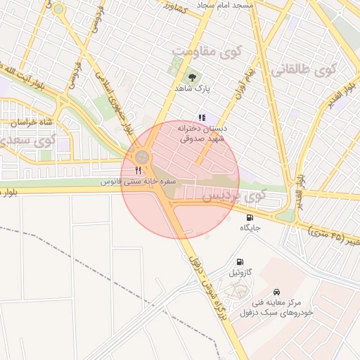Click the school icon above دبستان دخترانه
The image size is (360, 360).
202,117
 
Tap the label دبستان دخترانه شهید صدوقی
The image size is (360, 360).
201,134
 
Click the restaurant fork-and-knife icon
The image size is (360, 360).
139,170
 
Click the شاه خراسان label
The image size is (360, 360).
32,122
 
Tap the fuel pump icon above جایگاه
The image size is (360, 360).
251,217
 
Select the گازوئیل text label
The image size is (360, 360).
239,271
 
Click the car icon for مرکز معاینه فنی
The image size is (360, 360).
278,291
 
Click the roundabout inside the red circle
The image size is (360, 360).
143,156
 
